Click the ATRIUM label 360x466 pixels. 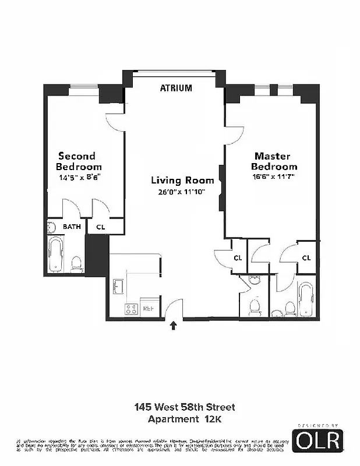(175, 89)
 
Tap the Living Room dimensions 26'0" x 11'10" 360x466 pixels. (182, 192)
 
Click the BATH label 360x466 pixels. (72, 227)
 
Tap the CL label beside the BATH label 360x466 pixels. (100, 227)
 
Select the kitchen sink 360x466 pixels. (119, 287)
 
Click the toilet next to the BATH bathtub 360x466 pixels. (76, 265)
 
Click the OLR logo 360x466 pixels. (317, 441)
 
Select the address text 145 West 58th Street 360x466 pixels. (185, 407)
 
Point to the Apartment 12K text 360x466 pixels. (185, 419)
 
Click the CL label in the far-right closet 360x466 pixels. (306, 258)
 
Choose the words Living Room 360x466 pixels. (182, 181)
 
